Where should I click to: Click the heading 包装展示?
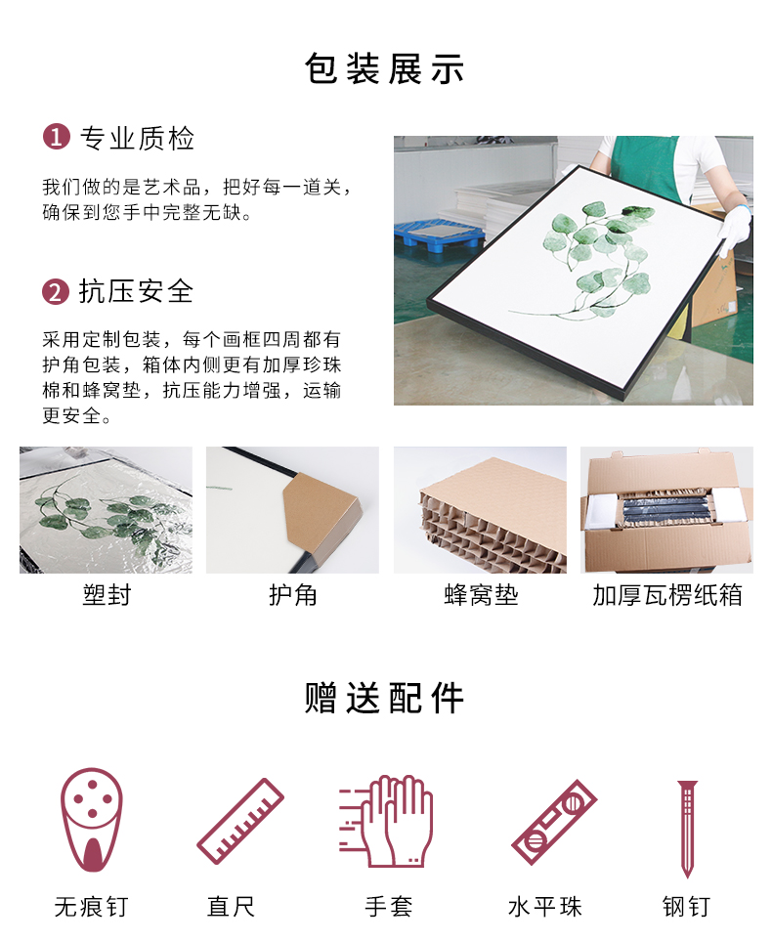tap(384, 68)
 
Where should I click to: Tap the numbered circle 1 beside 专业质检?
tap(56, 137)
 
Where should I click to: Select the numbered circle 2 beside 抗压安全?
tap(56, 291)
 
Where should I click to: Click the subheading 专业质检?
tap(138, 138)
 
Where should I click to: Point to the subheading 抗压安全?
tap(137, 291)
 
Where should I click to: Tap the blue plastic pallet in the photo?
tap(439, 235)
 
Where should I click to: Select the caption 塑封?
tap(107, 595)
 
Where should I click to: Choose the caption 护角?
tap(292, 595)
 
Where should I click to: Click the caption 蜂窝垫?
tap(481, 595)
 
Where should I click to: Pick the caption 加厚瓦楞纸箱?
tap(666, 595)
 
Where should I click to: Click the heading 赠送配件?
tap(384, 698)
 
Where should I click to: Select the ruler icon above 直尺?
tap(240, 821)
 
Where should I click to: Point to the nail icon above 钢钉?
tap(687, 829)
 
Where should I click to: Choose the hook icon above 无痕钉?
tap(91, 820)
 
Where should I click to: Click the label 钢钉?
tap(687, 907)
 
